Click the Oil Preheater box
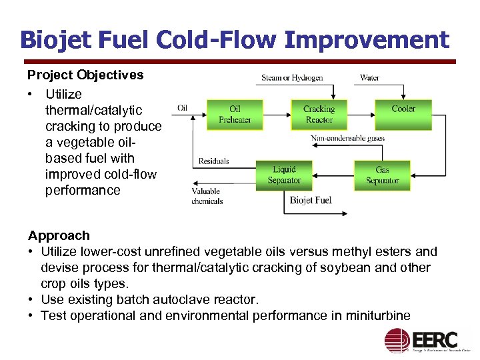pyautogui.click(x=235, y=115)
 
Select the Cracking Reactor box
pyautogui.click(x=319, y=115)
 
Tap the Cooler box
pyautogui.click(x=403, y=114)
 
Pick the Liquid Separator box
pyautogui.click(x=284, y=175)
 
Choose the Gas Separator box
pyautogui.click(x=382, y=175)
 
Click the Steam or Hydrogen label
pyautogui.click(x=292, y=78)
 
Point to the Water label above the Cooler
pyautogui.click(x=369, y=78)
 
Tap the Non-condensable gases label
pyautogui.click(x=347, y=139)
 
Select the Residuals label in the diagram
pyautogui.click(x=213, y=161)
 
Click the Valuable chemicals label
pyautogui.click(x=207, y=196)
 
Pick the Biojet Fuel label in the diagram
pyautogui.click(x=311, y=200)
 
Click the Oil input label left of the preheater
pyautogui.click(x=182, y=108)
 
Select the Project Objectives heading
pyautogui.click(x=85, y=75)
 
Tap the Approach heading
pyautogui.click(x=59, y=235)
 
